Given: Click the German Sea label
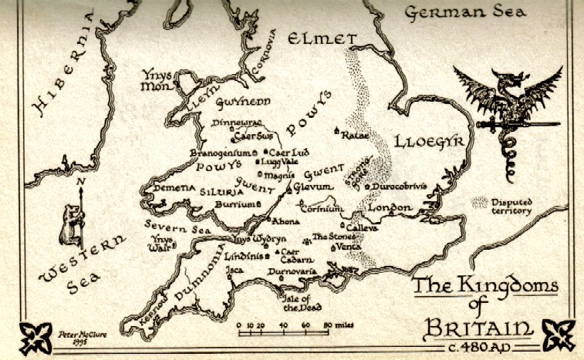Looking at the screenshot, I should click(x=466, y=12).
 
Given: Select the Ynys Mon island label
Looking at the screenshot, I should click(x=160, y=80).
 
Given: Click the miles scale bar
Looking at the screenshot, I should click(x=285, y=331).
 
